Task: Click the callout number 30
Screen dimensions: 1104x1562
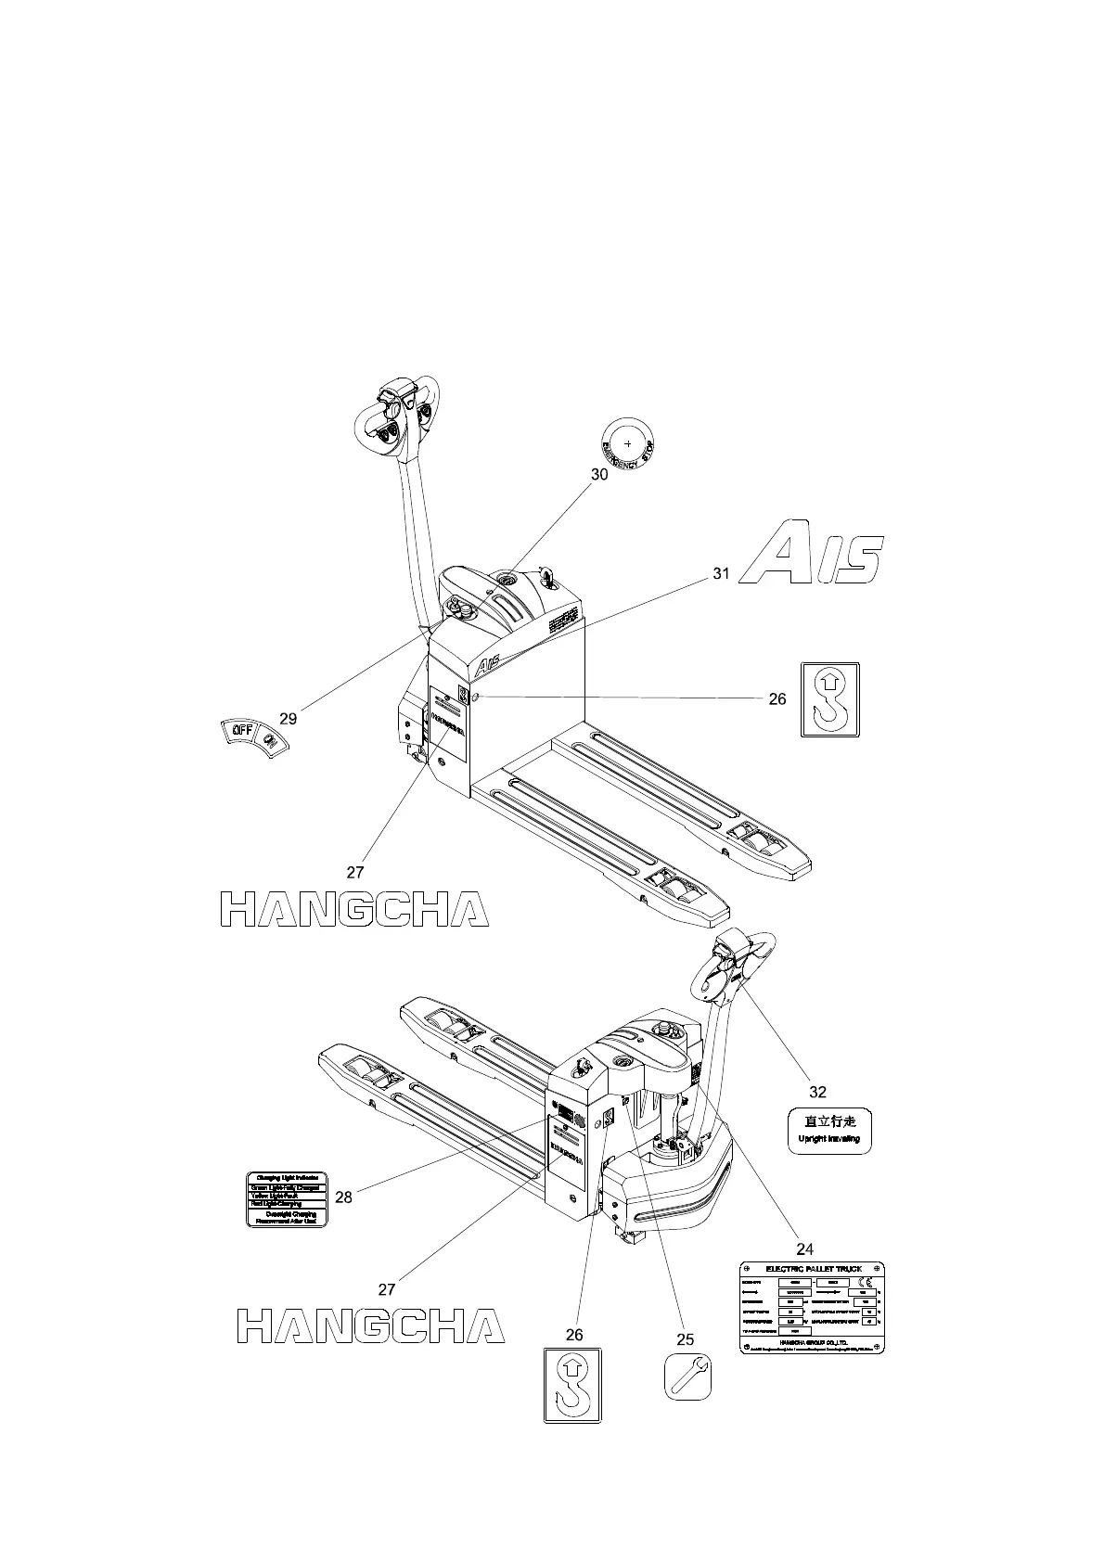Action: pyautogui.click(x=599, y=474)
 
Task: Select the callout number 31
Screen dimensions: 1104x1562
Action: pyautogui.click(x=721, y=574)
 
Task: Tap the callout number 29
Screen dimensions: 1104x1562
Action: pyautogui.click(x=289, y=719)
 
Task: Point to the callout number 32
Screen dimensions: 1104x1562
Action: pyautogui.click(x=817, y=1093)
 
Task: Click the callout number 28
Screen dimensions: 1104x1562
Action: pyautogui.click(x=343, y=1197)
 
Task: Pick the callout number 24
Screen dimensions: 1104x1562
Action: pyautogui.click(x=804, y=1249)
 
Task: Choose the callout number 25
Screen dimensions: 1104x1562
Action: pyautogui.click(x=685, y=1339)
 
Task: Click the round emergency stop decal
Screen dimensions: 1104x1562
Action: pyautogui.click(x=628, y=443)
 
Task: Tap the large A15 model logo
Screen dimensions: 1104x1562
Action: pyautogui.click(x=814, y=555)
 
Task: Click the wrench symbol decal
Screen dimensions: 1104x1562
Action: pyautogui.click(x=688, y=1377)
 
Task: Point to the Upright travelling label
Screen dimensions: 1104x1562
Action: pyautogui.click(x=829, y=1131)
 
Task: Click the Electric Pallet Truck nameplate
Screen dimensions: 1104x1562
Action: pyautogui.click(x=812, y=1308)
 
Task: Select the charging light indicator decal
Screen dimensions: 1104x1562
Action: pyautogui.click(x=288, y=1200)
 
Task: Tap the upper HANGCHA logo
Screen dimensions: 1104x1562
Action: pyautogui.click(x=354, y=910)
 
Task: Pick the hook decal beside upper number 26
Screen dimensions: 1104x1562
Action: pyautogui.click(x=829, y=700)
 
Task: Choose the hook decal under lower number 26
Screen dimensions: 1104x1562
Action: pyautogui.click(x=572, y=1385)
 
